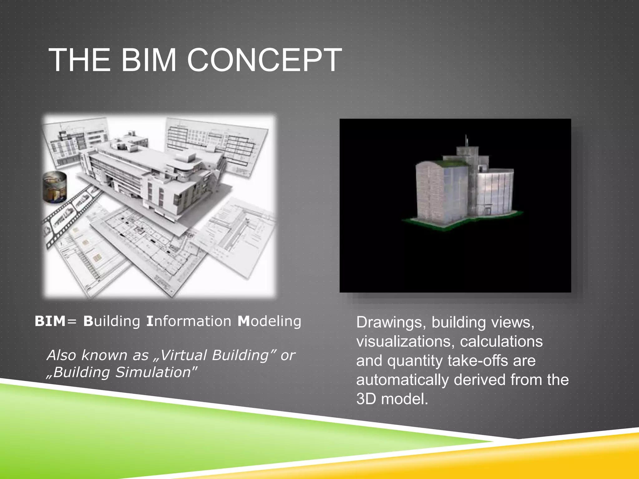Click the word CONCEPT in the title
[x=264, y=60]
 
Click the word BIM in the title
[x=149, y=60]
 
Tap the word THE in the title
[x=80, y=60]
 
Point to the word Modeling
[x=269, y=322]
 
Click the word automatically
[x=402, y=380]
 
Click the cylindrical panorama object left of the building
[x=55, y=187]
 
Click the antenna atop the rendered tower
[x=466, y=140]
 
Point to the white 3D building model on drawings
[x=147, y=175]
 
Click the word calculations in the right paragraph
[x=501, y=341]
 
